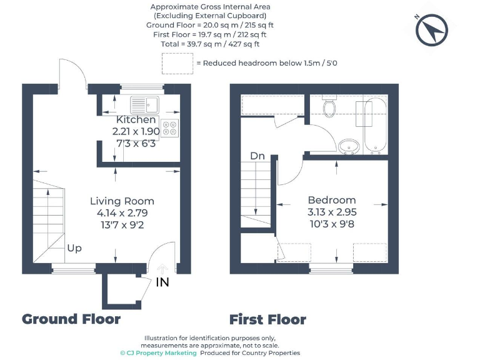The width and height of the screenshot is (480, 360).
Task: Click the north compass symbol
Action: pos(432,31)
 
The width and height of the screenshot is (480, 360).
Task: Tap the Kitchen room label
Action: pos(136,119)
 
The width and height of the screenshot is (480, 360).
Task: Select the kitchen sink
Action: pos(146,104)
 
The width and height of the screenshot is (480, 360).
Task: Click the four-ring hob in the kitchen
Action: pos(170,128)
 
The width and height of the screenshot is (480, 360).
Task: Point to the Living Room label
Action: pos(122,201)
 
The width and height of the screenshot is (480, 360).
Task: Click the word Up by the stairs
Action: pos(74,248)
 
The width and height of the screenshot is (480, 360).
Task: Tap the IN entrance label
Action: pos(162,282)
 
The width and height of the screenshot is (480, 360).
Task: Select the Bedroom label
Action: pos(332,200)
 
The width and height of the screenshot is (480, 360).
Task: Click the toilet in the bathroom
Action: pos(330,107)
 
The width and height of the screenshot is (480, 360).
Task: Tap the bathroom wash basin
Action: pos(348,147)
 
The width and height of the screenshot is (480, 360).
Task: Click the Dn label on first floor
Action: pos(257,156)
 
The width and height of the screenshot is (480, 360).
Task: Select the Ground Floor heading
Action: pos(71,319)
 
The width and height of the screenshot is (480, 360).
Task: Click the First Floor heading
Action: pos(267,320)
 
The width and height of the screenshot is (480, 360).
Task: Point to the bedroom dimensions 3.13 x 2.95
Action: pos(332,212)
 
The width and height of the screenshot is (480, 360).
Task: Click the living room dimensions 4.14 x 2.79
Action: pos(122,212)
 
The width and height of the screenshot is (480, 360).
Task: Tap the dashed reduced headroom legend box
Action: pos(177,63)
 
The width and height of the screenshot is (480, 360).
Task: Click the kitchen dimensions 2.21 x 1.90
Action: pos(136,131)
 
